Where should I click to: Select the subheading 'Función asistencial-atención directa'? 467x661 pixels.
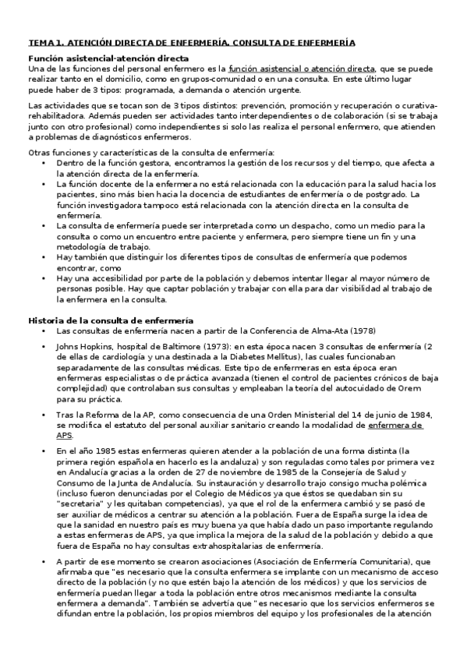(108, 58)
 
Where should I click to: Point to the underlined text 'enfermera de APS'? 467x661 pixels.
(395, 426)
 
